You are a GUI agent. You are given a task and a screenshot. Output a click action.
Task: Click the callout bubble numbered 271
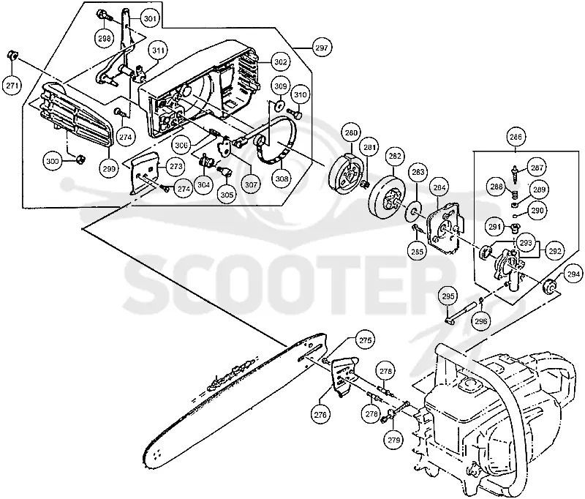tap(12, 86)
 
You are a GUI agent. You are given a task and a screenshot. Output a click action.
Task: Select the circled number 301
tap(150, 18)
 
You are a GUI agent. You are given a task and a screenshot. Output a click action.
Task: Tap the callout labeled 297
tap(322, 48)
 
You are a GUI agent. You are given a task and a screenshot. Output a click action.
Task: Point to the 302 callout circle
tap(280, 61)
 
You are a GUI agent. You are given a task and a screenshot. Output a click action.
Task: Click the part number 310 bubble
tap(301, 94)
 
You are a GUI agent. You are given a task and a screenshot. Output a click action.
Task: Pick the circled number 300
tap(53, 161)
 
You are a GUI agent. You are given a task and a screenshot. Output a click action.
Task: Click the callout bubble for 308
tap(282, 179)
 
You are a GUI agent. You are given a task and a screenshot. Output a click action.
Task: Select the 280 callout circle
tap(351, 132)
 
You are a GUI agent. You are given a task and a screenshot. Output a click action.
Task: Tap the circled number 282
tap(395, 156)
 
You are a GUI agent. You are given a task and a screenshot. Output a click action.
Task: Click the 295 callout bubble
tap(448, 296)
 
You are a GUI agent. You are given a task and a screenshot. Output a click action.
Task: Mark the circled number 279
tap(394, 440)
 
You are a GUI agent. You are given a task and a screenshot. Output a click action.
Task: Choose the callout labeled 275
tap(365, 340)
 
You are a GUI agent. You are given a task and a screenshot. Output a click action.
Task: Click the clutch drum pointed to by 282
tap(386, 196)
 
